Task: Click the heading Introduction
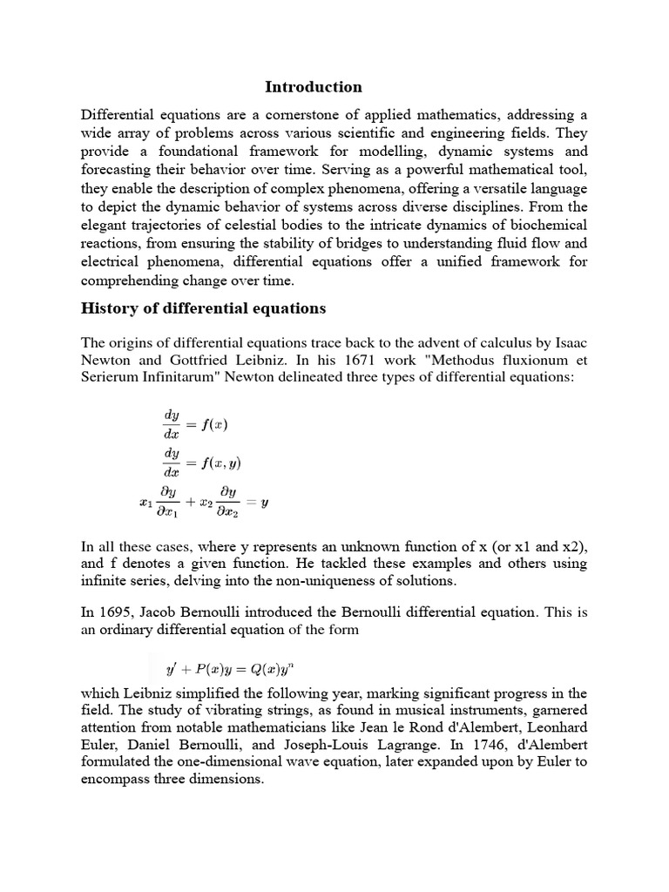[x=313, y=86]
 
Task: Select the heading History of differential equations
[x=203, y=307]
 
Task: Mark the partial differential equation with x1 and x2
[x=204, y=503]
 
